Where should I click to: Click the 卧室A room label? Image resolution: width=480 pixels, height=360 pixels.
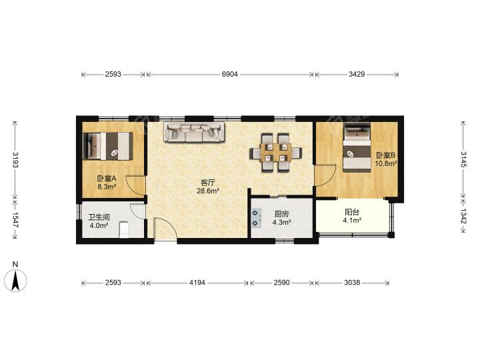[x=106, y=178]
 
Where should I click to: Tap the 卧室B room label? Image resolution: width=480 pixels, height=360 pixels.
[x=385, y=155]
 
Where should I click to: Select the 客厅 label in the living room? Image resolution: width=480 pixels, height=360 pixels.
[x=208, y=183]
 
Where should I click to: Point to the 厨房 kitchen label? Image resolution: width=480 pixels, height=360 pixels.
[x=281, y=214]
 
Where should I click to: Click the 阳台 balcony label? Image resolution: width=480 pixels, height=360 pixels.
[x=352, y=213]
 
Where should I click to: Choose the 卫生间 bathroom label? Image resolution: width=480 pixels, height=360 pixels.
[x=99, y=217]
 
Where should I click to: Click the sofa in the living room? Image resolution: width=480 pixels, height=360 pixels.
[x=195, y=132]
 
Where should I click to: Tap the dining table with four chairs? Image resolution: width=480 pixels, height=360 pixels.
[x=276, y=153]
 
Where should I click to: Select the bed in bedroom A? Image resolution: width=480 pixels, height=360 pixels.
[x=108, y=146]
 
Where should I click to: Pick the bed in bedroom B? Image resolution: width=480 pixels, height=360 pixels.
[x=357, y=147]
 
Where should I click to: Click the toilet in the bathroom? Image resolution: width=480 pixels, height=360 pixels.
[x=124, y=229]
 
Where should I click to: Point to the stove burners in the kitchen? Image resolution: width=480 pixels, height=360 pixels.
[x=256, y=218]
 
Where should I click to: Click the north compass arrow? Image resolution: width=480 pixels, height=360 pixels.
[x=15, y=280]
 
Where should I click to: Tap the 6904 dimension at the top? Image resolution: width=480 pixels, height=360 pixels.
[x=229, y=74]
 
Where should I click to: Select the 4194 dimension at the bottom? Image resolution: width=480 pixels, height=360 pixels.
[x=197, y=283]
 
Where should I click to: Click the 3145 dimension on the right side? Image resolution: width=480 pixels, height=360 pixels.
[x=463, y=159]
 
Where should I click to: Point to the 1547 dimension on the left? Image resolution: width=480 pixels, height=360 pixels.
[x=15, y=220]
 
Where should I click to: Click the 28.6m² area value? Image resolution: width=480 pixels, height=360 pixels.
[x=208, y=191]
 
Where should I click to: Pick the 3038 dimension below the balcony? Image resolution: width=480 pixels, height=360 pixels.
[x=352, y=283]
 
